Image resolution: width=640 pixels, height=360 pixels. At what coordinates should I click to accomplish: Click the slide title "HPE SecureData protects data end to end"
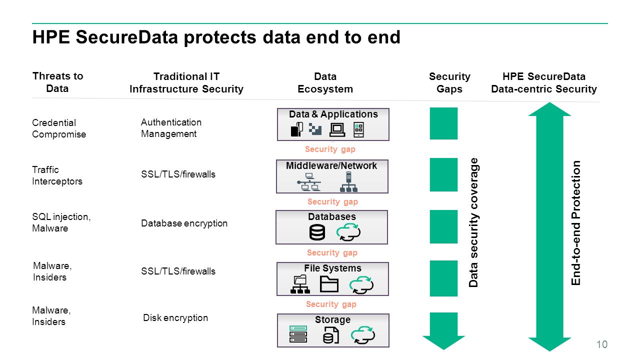[216, 37]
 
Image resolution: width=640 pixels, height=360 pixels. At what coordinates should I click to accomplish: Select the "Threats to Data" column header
[57, 82]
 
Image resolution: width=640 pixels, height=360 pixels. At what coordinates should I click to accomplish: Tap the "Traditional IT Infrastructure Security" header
[186, 83]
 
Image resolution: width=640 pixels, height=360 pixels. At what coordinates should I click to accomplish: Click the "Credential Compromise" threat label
[58, 128]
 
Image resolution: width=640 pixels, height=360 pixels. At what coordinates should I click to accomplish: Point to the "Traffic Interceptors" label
[57, 175]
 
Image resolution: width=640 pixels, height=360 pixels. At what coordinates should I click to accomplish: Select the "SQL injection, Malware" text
[61, 222]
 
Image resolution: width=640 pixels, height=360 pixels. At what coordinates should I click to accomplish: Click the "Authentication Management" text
[171, 128]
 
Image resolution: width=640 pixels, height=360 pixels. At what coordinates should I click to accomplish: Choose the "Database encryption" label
[184, 223]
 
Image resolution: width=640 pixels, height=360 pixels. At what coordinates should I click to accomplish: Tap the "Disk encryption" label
[175, 318]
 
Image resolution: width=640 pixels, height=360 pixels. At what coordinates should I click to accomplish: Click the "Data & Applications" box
[333, 124]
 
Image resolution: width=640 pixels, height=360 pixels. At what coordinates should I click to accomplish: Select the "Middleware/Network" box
[332, 176]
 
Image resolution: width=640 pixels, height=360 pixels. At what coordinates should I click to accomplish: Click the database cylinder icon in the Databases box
[317, 232]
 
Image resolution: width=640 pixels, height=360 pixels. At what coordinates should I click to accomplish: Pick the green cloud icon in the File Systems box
[361, 284]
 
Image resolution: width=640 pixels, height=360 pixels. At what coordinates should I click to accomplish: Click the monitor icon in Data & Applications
[337, 129]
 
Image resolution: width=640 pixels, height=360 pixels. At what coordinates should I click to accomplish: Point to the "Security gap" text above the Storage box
[331, 304]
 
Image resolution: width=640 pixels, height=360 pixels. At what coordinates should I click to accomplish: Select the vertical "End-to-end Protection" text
[576, 223]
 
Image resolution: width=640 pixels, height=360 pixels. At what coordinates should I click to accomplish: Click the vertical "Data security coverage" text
[473, 222]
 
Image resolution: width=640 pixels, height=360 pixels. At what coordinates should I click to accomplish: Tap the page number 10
[602, 344]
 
